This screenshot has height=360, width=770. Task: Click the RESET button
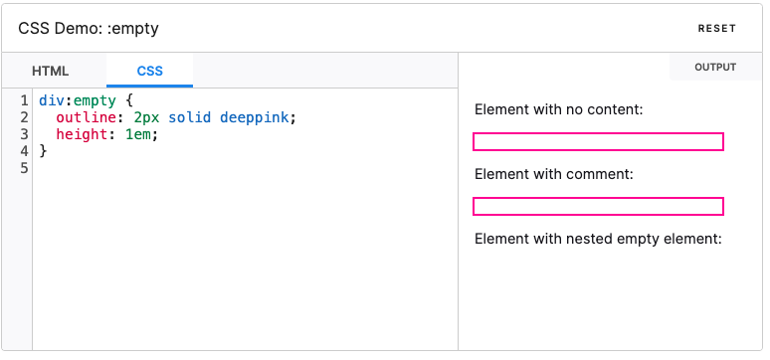(x=716, y=29)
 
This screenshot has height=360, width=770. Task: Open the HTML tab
(x=51, y=72)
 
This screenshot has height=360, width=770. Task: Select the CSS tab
(x=150, y=72)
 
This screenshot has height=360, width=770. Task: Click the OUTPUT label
(x=715, y=68)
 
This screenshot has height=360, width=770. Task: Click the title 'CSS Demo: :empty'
(x=89, y=29)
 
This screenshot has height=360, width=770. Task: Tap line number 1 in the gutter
(x=23, y=101)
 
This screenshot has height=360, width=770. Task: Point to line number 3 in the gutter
(x=23, y=134)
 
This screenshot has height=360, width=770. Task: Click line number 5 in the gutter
(x=23, y=167)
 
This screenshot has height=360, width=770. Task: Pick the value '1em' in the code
(x=140, y=134)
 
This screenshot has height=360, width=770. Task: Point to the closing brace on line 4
(x=43, y=150)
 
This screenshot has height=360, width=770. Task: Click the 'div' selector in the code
(x=51, y=101)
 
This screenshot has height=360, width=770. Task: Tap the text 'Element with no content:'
(x=559, y=108)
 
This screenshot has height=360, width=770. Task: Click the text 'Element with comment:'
(x=554, y=174)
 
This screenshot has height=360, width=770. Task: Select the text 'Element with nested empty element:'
(x=598, y=239)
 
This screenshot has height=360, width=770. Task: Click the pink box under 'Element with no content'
(x=598, y=141)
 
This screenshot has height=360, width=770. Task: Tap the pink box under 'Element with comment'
(x=598, y=206)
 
